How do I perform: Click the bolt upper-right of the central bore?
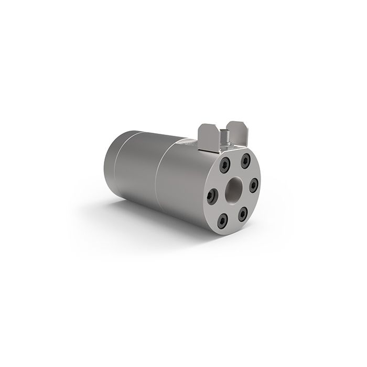[245, 161]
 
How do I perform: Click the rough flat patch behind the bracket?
[186, 142]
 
